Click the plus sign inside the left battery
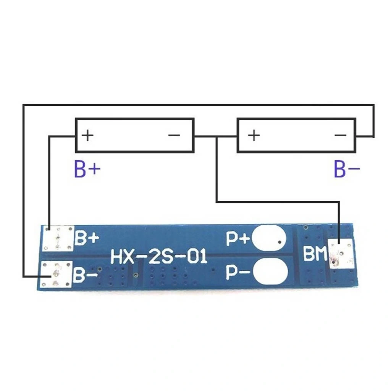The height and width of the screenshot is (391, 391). (x=87, y=136)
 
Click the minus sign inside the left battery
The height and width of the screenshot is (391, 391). (x=174, y=136)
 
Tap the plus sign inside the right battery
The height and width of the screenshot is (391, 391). (x=254, y=136)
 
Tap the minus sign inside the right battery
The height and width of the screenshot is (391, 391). (x=340, y=136)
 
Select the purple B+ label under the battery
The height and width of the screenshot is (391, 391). (x=87, y=169)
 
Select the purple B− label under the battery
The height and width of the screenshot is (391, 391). (x=347, y=169)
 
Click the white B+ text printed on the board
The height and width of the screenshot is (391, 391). (x=87, y=238)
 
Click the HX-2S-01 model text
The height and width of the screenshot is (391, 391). (x=159, y=257)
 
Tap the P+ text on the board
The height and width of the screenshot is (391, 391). (x=238, y=239)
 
